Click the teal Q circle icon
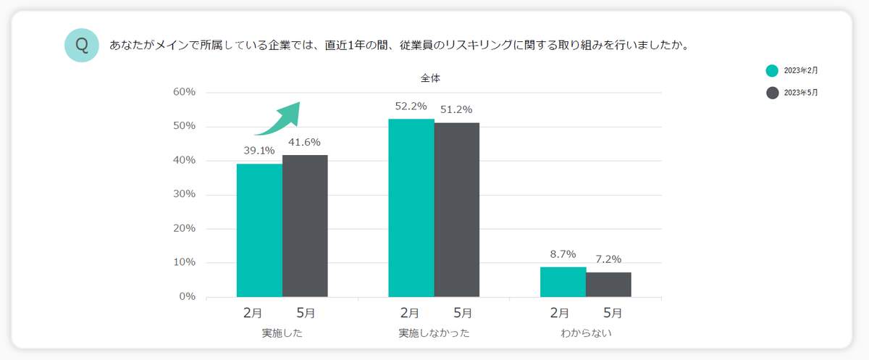coord(82,45)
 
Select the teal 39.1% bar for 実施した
coord(259,230)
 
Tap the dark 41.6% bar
coord(305,226)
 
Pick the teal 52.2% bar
coord(411,208)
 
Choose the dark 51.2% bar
coord(457,210)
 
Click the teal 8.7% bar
coord(563,282)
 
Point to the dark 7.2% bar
coord(608,285)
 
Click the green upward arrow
coord(279,119)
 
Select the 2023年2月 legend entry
coord(792,71)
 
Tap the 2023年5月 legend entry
coord(792,93)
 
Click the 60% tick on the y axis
coord(183,92)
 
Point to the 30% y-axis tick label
coord(183,194)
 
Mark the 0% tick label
coord(186,296)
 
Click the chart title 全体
coord(430,78)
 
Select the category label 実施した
coord(282,334)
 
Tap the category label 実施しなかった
coord(434,334)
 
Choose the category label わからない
coord(586,334)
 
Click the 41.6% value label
coord(305,142)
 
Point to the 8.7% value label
coord(563,254)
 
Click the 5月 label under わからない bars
coord(612,314)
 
